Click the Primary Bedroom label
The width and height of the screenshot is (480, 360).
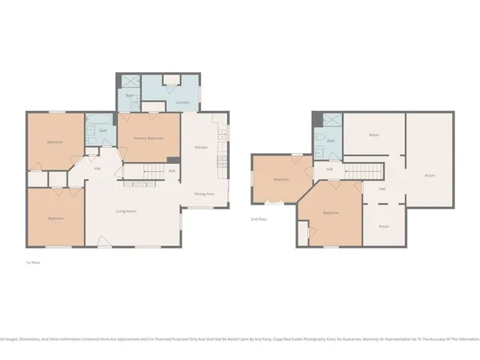[149, 139]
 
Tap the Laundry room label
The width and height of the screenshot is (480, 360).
[181, 102]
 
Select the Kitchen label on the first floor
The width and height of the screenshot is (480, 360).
[201, 147]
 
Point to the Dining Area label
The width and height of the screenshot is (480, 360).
[204, 194]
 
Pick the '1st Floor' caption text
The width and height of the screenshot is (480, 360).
[32, 262]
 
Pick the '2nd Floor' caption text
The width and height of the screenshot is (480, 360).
[259, 218]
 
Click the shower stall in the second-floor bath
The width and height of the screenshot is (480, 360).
[332, 119]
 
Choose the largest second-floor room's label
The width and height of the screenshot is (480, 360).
[430, 175]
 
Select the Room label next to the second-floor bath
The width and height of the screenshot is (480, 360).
[373, 135]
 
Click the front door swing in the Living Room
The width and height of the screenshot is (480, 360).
[103, 241]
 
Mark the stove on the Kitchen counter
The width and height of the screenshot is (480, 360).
[222, 135]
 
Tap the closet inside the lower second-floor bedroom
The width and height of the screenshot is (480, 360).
[303, 232]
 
